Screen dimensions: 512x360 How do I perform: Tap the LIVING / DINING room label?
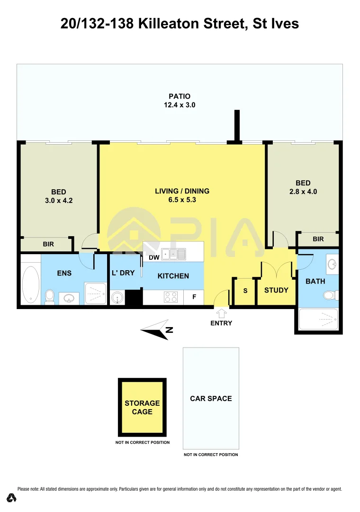pyautogui.click(x=182, y=191)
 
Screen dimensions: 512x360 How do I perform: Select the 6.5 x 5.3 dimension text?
pyautogui.click(x=182, y=200)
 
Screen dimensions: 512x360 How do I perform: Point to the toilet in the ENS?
pyautogui.click(x=49, y=296)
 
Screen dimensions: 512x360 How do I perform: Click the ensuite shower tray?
pyautogui.click(x=95, y=293)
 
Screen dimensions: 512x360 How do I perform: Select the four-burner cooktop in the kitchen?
pyautogui.click(x=171, y=297)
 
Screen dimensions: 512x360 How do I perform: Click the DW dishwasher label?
pyautogui.click(x=153, y=257)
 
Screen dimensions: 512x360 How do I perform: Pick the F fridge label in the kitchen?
pyautogui.click(x=194, y=298)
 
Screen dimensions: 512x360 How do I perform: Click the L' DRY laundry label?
pyautogui.click(x=123, y=273)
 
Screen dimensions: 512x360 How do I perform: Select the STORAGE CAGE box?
pyautogui.click(x=142, y=407)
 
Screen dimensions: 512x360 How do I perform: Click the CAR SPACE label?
pyautogui.click(x=211, y=399)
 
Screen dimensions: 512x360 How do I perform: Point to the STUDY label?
pyautogui.click(x=276, y=290)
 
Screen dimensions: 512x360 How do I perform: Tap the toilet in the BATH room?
pyautogui.click(x=330, y=295)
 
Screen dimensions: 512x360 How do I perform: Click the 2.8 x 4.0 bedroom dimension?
pyautogui.click(x=303, y=192)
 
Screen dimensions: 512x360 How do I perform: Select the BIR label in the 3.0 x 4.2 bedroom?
pyautogui.click(x=48, y=245)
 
